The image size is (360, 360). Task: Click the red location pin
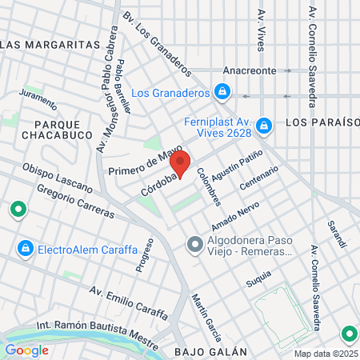pos(181,164)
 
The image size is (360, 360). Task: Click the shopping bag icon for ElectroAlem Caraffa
pos(26,249)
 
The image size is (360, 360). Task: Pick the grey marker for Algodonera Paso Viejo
pos(194,245)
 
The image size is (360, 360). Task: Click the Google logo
pos(26,350)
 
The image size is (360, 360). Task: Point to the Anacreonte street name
pos(250,70)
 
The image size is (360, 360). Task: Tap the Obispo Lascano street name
pos(57,179)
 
